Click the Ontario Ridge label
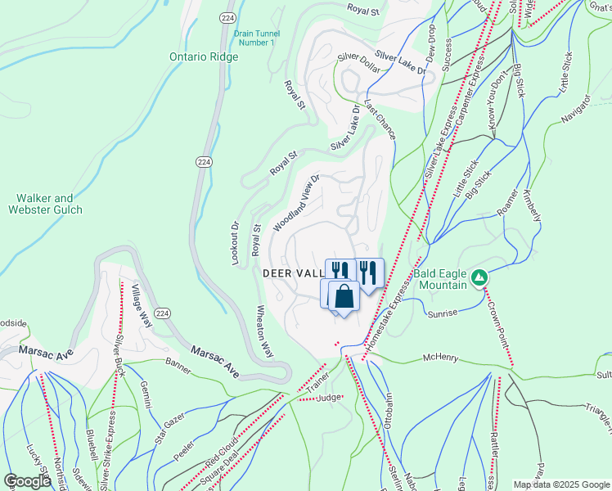pos(204,57)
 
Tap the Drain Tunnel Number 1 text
pos(255,38)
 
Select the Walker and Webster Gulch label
pos(51,204)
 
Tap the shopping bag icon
pos(344,296)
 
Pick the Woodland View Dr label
pos(295,200)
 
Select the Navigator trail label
pos(575,111)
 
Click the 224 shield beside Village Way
pos(163,313)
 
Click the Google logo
pos(27,482)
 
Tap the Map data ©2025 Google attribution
pos(560,484)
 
